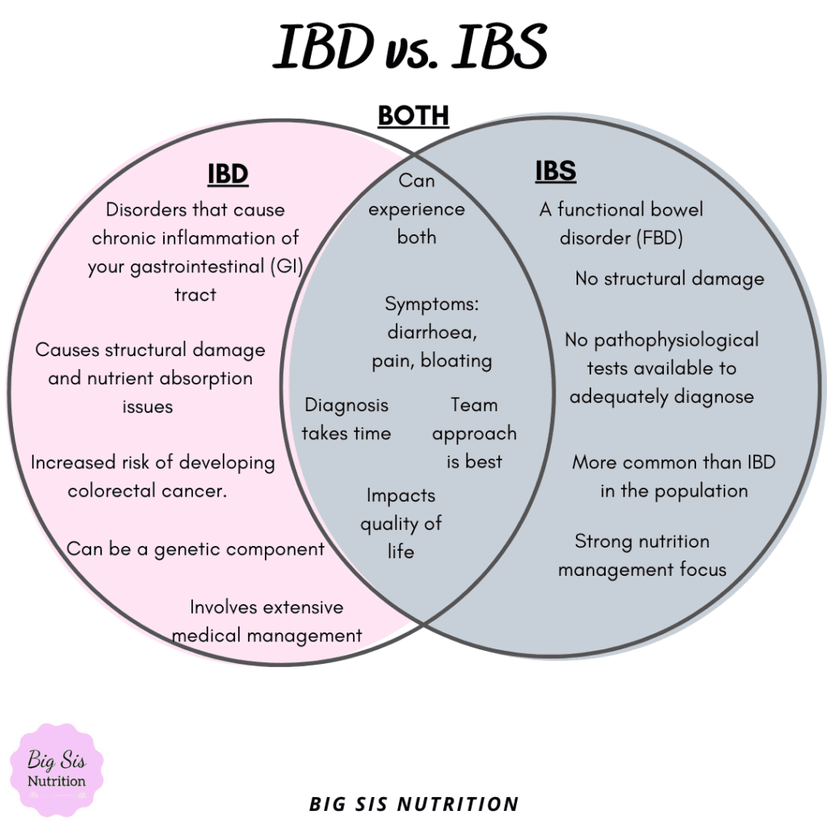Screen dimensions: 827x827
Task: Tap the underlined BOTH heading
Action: click(x=413, y=116)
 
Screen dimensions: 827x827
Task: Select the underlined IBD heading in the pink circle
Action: click(x=228, y=174)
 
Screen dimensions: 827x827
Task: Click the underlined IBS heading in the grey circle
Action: click(x=556, y=171)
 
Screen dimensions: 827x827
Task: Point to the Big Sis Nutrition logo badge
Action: click(x=57, y=770)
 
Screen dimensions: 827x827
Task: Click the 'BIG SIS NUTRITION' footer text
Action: click(x=413, y=804)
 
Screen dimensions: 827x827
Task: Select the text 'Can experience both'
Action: click(x=417, y=209)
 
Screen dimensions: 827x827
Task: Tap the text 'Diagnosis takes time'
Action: click(x=346, y=419)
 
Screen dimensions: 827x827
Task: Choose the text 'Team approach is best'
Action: click(x=474, y=434)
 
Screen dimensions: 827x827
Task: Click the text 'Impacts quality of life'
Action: click(x=401, y=523)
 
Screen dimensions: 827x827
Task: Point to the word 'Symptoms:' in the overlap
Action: click(x=432, y=304)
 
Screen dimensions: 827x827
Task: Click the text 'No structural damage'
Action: click(x=670, y=279)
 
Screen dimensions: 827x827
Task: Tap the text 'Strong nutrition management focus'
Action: click(x=642, y=556)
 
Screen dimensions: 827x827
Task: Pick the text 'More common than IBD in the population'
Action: click(x=674, y=476)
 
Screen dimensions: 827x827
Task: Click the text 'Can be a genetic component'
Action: click(x=195, y=549)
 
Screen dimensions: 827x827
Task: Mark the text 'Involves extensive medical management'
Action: click(x=267, y=621)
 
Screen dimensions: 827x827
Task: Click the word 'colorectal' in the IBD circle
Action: click(x=117, y=491)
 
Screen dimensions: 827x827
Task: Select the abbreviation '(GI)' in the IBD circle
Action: click(x=286, y=267)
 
